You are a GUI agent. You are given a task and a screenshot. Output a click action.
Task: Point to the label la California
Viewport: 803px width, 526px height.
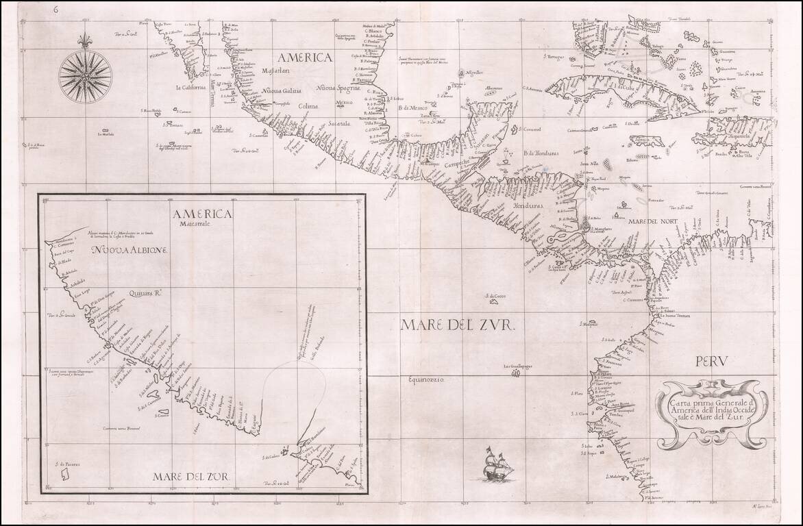[x=194, y=87]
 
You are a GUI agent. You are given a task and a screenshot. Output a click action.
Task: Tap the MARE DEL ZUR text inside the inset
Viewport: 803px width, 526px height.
[x=191, y=476]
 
